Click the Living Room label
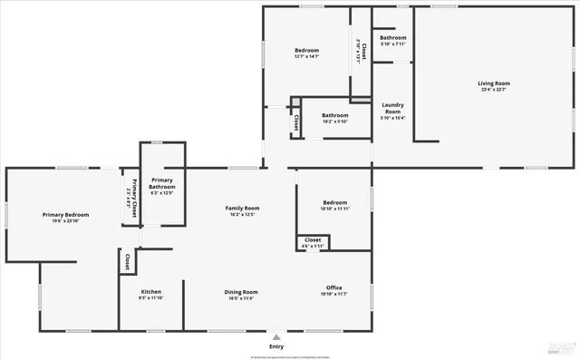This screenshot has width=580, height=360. point(494,83)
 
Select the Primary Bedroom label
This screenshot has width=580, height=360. point(64,215)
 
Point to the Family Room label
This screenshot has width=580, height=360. point(242,209)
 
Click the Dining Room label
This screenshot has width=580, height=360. point(242,292)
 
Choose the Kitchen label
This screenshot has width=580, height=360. point(150,292)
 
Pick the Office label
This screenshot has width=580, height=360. point(333,287)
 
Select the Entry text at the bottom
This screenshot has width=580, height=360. point(276,346)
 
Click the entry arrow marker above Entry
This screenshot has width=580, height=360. point(276,336)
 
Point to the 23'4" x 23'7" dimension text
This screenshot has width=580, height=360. point(494,90)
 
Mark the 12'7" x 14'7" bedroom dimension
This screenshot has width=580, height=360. point(306,56)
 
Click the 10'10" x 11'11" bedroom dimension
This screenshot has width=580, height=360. point(333,209)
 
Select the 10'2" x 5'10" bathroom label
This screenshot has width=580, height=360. point(335,122)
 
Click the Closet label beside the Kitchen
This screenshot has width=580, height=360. point(128,262)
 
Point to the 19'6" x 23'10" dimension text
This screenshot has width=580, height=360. point(64,221)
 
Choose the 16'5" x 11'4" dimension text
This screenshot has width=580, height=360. point(242,298)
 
